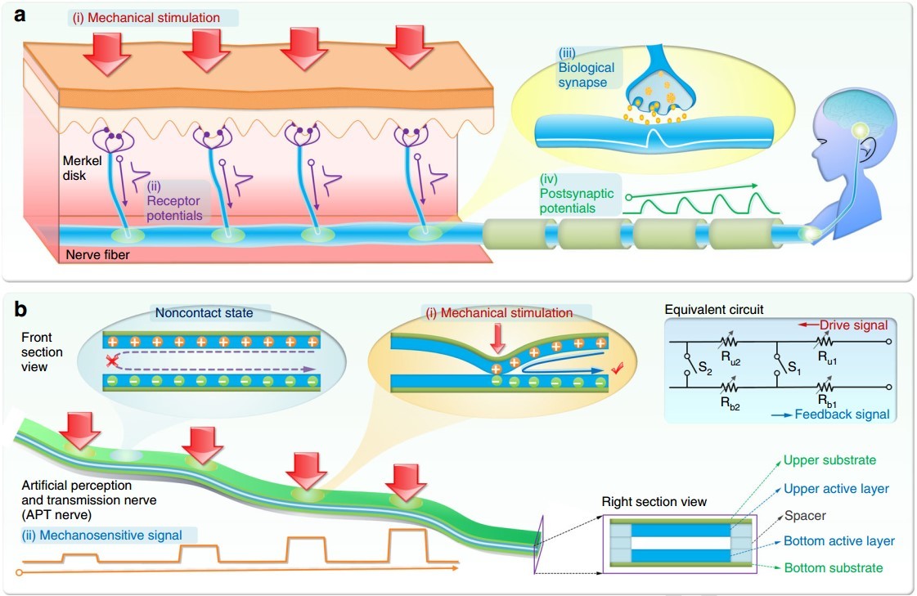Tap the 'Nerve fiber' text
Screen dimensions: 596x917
98,255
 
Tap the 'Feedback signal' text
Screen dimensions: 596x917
842,415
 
